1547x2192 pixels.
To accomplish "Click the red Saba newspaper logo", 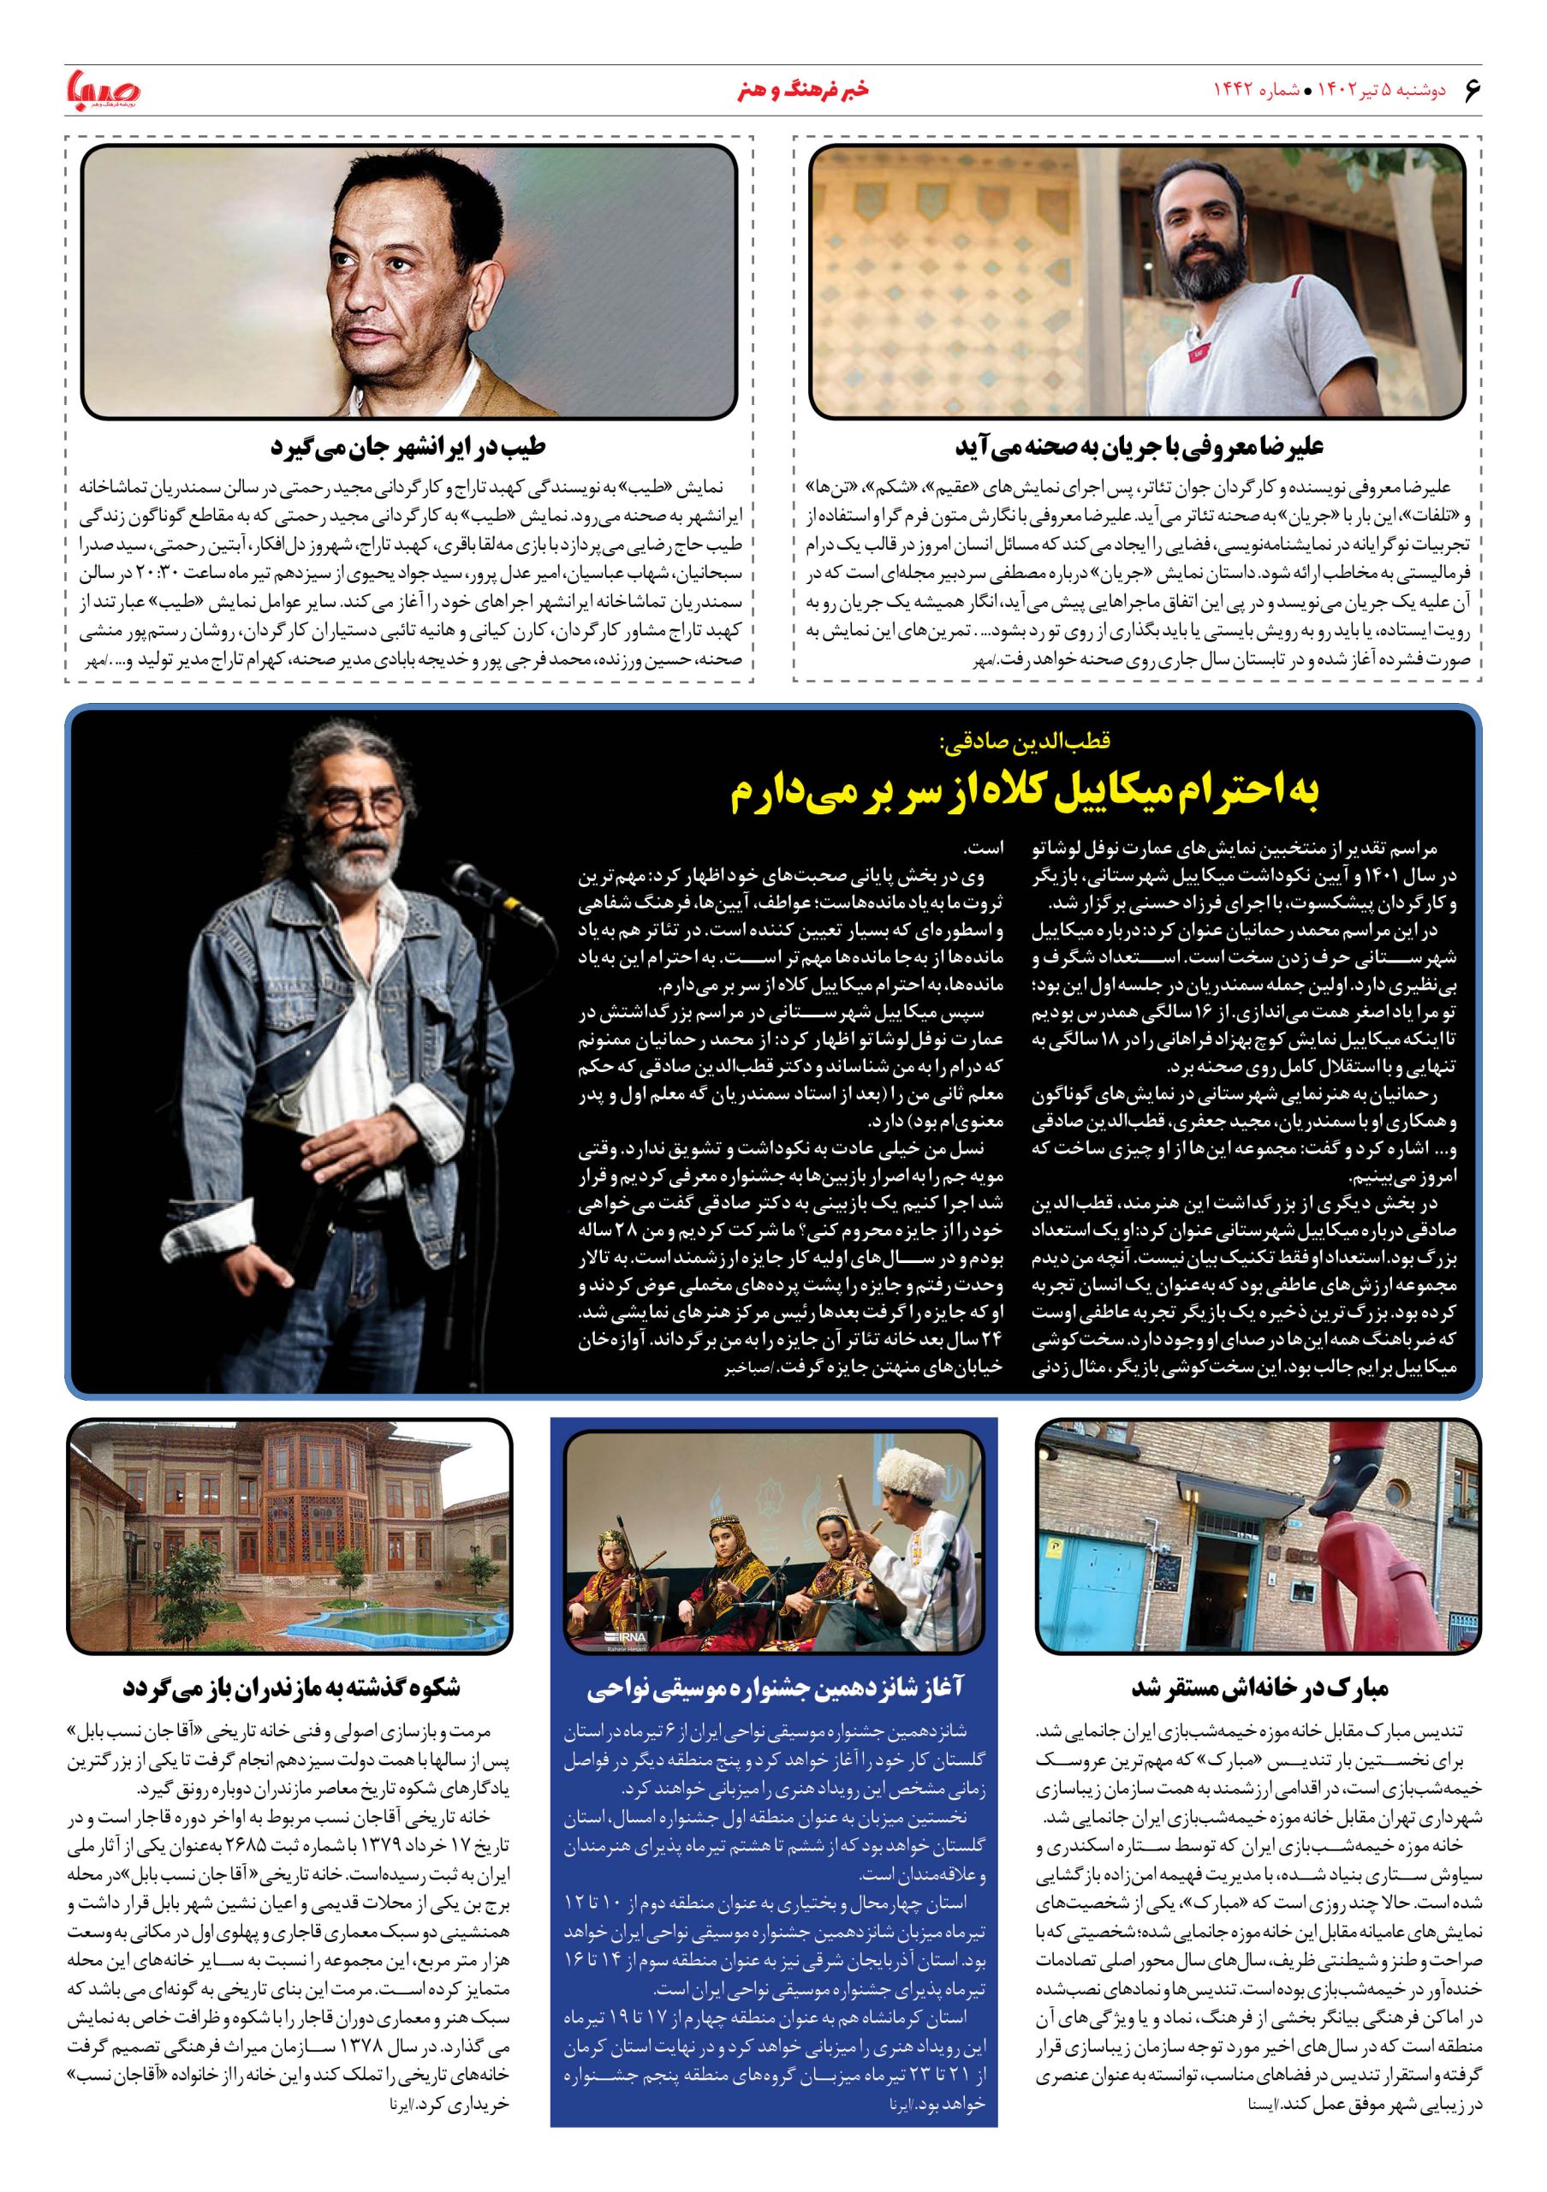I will tap(102, 92).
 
